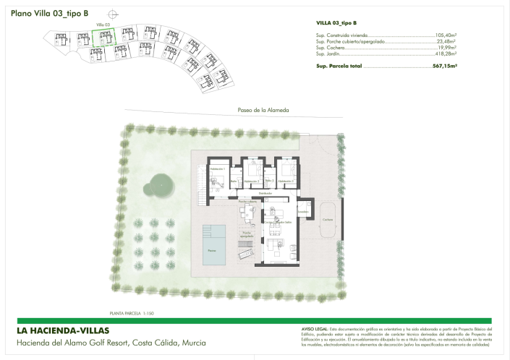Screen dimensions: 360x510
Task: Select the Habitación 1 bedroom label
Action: (218, 168)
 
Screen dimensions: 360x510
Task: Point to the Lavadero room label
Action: (301, 211)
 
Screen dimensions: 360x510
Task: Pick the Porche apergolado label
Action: (247, 233)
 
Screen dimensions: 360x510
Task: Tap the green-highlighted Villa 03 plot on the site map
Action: (103, 39)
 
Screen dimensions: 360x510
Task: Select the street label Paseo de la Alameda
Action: (263, 110)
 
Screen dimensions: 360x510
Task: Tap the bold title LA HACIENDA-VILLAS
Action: (62, 330)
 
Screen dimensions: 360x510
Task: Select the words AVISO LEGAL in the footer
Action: (314, 328)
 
